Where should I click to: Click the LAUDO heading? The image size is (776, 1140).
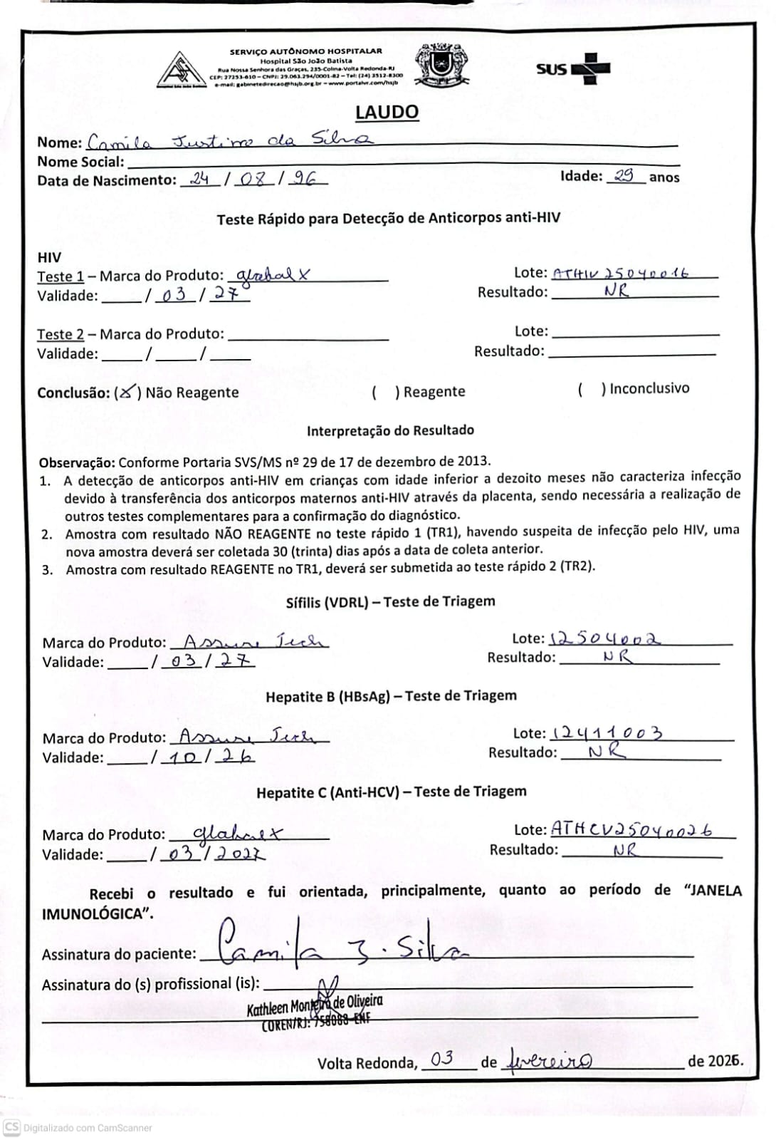coord(387,112)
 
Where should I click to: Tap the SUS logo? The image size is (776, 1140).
coord(573,69)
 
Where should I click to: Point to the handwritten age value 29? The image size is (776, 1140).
coord(624,175)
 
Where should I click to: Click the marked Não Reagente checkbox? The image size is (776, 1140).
coord(128,393)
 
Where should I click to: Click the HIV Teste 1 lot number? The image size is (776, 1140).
coord(621,273)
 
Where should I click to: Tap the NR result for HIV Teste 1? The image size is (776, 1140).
coord(617,291)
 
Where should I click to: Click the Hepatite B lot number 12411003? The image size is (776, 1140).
coord(607,732)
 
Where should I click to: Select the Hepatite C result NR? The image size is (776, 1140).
coord(626,849)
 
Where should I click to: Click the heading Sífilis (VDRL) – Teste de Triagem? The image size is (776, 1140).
coord(390,601)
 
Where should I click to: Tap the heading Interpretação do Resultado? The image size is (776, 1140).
coord(390,430)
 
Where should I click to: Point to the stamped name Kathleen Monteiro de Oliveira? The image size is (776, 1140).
coord(314,1005)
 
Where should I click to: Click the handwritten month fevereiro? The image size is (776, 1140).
coord(547,1059)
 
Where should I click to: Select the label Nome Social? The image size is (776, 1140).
coord(80,162)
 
